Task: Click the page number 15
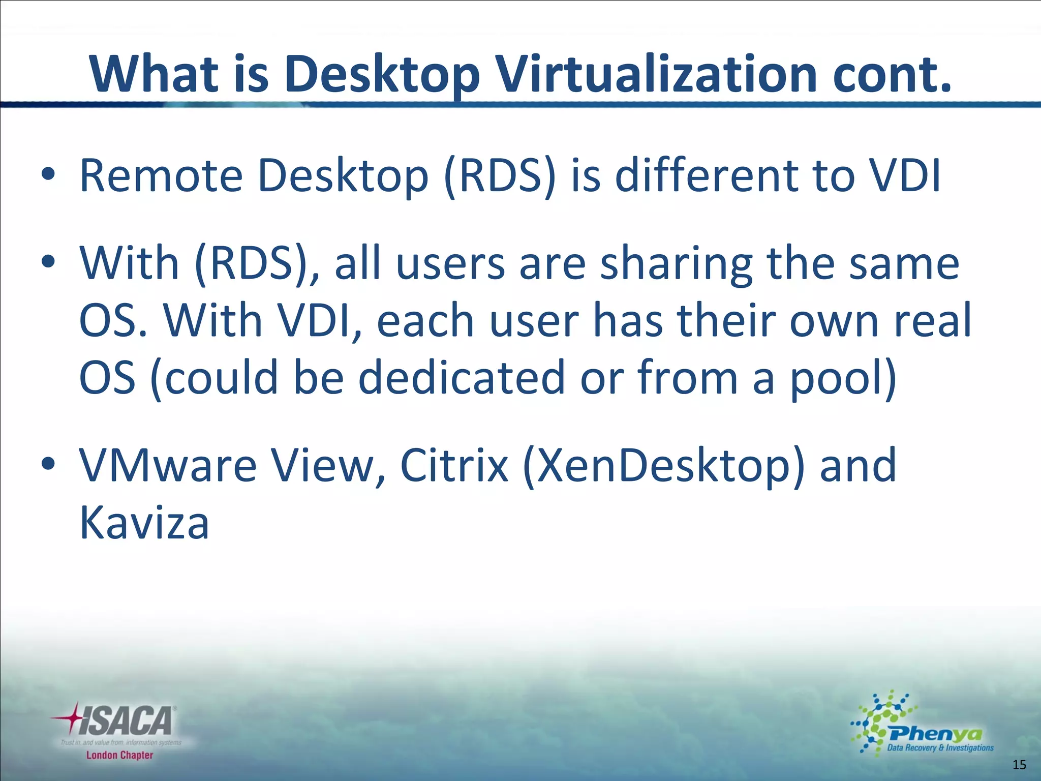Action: (1019, 765)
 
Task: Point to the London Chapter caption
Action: (119, 755)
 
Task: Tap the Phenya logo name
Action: (935, 734)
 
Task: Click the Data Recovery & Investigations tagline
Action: (940, 747)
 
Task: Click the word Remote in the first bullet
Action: (162, 176)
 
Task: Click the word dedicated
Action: (462, 377)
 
